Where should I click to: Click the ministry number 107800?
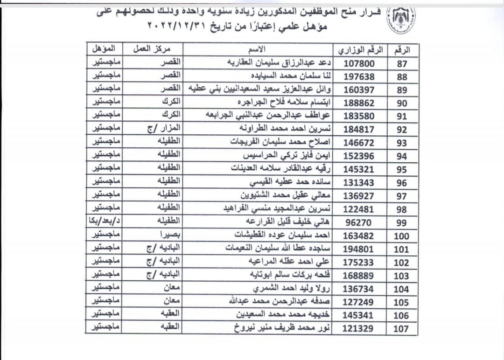359,63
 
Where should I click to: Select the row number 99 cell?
401,223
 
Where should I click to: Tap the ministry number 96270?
359,223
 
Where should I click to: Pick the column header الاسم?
259,49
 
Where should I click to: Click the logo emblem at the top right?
403,18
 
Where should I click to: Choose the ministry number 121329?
358,329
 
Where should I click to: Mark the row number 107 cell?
401,329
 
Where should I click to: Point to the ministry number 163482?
358,236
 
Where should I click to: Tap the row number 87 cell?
402,64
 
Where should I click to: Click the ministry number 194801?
358,249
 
